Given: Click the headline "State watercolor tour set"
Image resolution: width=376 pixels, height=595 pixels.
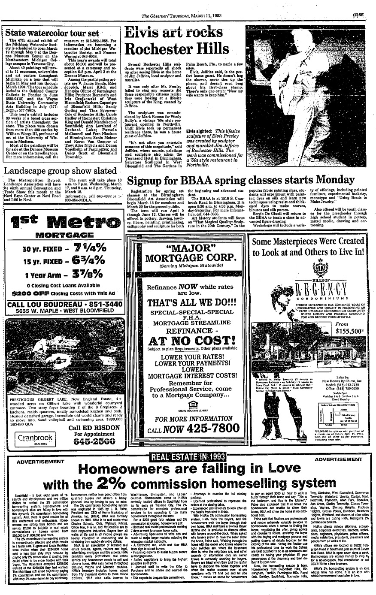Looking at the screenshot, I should click(x=52, y=33).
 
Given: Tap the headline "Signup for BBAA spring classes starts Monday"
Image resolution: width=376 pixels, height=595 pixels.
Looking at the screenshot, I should click(x=249, y=178).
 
